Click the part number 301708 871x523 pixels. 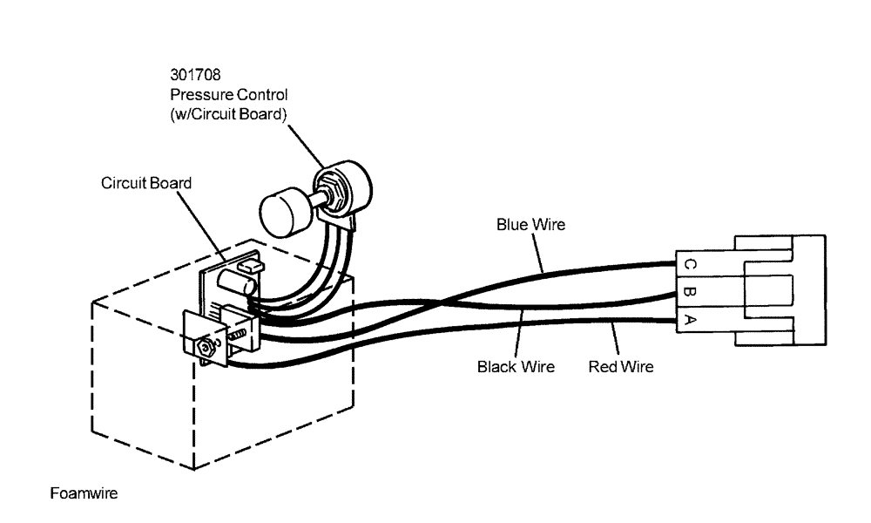click(x=196, y=76)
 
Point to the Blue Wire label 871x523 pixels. click(x=530, y=225)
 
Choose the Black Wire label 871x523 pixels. click(x=516, y=367)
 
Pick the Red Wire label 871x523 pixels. click(x=621, y=367)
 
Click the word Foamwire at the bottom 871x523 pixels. click(x=84, y=493)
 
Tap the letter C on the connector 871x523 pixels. click(x=689, y=264)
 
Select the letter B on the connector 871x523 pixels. click(x=689, y=292)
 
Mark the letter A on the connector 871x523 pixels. click(x=689, y=320)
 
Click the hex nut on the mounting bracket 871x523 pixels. click(x=205, y=346)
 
